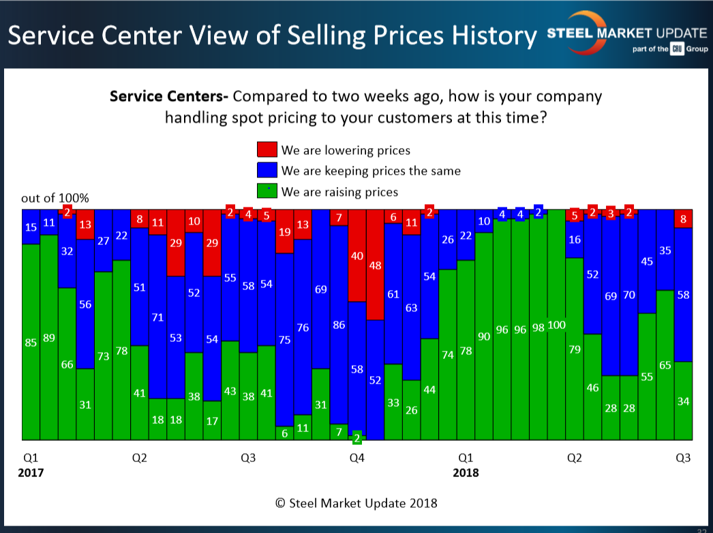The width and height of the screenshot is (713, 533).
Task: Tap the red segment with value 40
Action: pos(357,255)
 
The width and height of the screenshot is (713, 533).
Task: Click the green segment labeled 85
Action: pos(31,341)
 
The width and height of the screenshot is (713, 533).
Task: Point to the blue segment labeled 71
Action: pos(157,317)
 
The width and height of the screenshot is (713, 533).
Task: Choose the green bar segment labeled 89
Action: pos(49,337)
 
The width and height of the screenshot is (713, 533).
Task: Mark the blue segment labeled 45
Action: pos(648,261)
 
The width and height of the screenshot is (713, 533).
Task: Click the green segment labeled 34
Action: pos(683,401)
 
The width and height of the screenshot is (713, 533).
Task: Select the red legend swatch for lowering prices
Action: pos(267,150)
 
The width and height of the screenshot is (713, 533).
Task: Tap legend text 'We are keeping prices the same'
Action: pos(371,171)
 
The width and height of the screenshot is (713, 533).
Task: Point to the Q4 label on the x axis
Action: pos(356,458)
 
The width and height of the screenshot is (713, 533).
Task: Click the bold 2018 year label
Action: pos(466,472)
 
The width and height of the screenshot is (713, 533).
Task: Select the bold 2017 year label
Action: pos(31,472)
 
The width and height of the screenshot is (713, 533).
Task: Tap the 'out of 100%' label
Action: pos(55,199)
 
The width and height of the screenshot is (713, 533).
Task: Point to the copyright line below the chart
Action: pos(356,503)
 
